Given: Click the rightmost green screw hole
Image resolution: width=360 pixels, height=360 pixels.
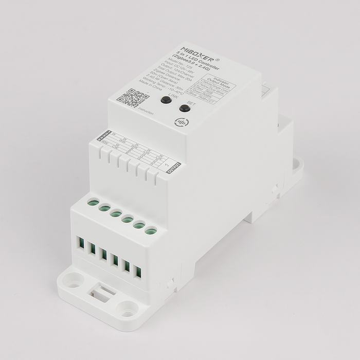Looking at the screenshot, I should [x=150, y=231].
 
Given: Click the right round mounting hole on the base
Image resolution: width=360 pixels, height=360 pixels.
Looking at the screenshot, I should [x=125, y=311].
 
